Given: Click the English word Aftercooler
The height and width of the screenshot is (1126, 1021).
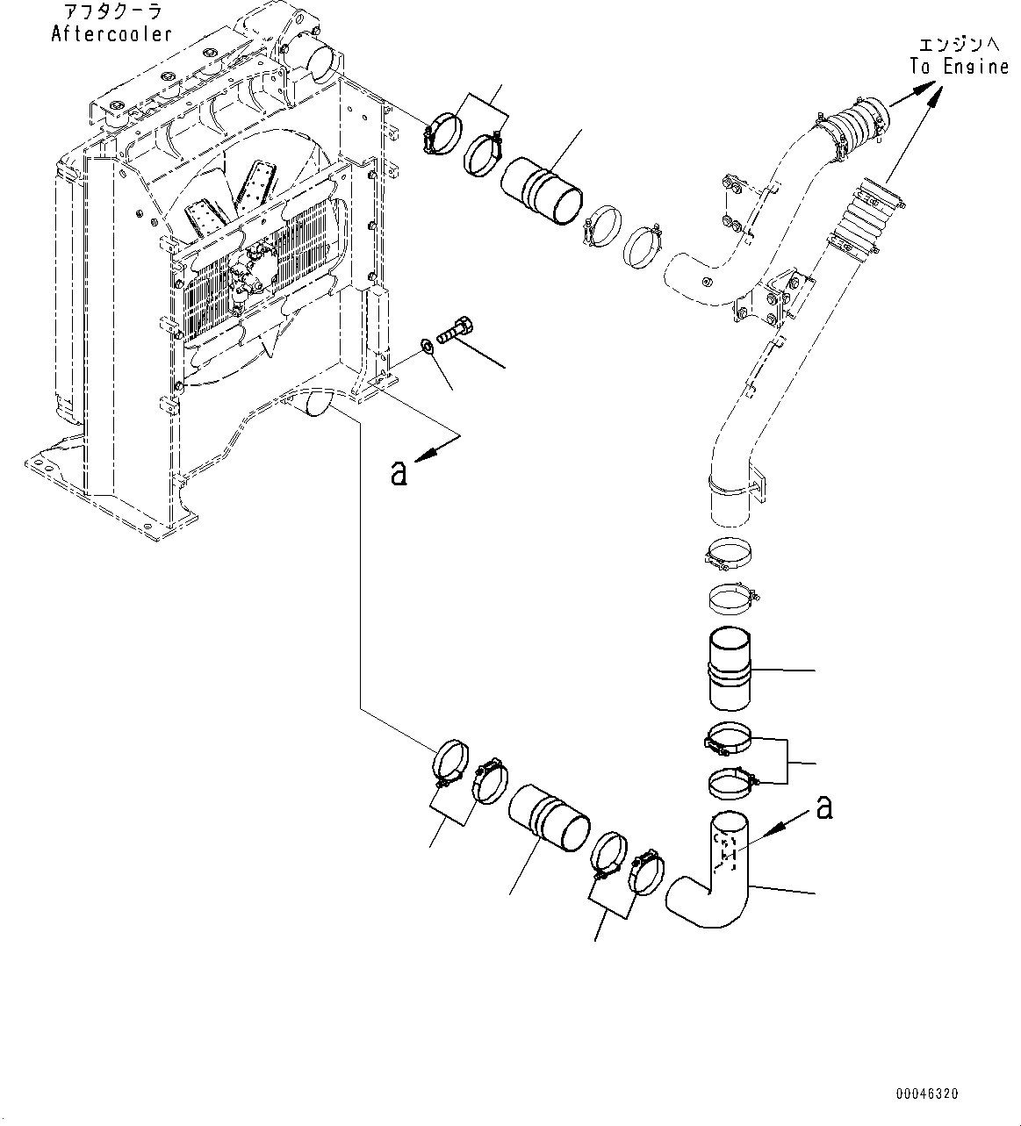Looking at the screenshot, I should pyautogui.click(x=111, y=34).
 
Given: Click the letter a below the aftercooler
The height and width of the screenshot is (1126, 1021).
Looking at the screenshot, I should pyautogui.click(x=399, y=473).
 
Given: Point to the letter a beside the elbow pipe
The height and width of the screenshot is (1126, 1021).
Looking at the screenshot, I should pyautogui.click(x=824, y=807).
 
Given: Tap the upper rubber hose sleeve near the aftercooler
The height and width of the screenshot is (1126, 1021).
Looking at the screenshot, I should pyautogui.click(x=541, y=190).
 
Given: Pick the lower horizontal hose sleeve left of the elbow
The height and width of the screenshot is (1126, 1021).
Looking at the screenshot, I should pyautogui.click(x=548, y=818).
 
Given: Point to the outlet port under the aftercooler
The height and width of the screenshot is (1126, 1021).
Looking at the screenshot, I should pyautogui.click(x=314, y=405).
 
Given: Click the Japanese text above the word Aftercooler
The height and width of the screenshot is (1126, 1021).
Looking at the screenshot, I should pyautogui.click(x=111, y=12).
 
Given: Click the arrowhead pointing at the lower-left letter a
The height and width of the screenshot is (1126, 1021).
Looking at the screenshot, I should pyautogui.click(x=426, y=453).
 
